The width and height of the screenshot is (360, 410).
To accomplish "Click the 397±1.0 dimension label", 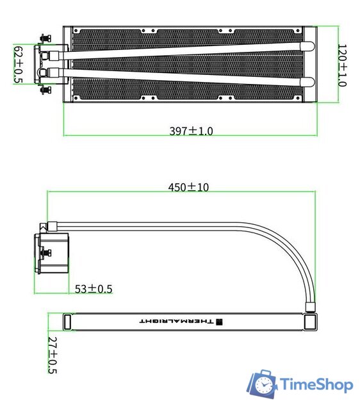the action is pyautogui.click(x=191, y=131).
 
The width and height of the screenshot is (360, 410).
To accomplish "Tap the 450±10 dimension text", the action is pyautogui.click(x=188, y=187).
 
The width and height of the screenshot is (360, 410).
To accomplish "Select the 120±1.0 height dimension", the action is pyautogui.click(x=342, y=65).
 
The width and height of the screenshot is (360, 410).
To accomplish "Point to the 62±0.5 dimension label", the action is pyautogui.click(x=19, y=64).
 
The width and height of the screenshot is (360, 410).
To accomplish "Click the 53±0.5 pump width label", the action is pyautogui.click(x=94, y=289).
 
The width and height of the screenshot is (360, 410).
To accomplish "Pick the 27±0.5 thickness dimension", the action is pyautogui.click(x=53, y=355).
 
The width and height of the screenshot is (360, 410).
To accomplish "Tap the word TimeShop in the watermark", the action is pyautogui.click(x=316, y=384).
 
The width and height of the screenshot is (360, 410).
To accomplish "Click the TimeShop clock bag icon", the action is pyautogui.click(x=262, y=384).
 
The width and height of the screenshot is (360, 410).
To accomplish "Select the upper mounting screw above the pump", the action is pyautogui.click(x=45, y=38).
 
